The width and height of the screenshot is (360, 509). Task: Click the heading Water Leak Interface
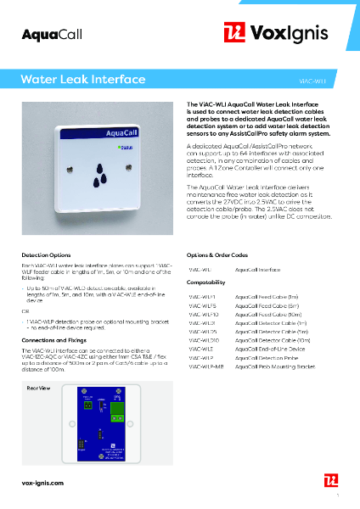82,81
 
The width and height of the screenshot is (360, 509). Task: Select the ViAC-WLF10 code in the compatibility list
204,315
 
